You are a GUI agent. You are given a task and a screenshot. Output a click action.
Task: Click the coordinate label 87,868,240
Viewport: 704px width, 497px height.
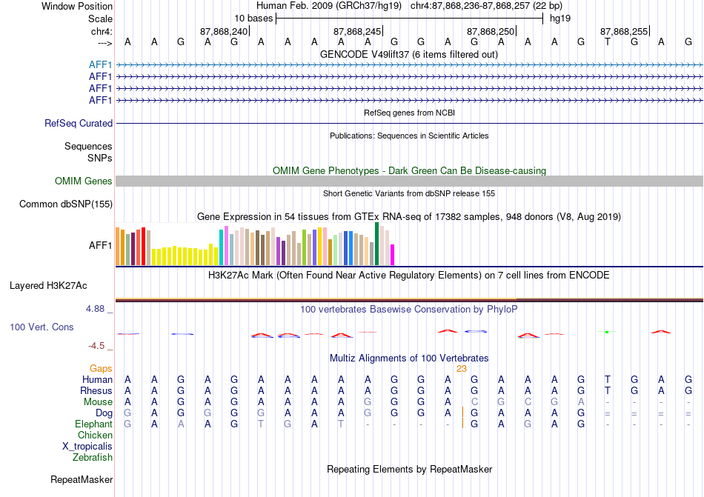click(224, 31)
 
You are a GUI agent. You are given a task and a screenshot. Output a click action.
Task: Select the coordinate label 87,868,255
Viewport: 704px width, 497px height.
click(624, 31)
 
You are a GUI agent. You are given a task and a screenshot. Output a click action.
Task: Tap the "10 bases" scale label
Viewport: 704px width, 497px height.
click(253, 19)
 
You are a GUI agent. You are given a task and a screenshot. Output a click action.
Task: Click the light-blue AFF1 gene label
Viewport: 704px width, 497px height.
click(101, 65)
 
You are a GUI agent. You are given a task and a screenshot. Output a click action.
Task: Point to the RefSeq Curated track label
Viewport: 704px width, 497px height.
click(79, 124)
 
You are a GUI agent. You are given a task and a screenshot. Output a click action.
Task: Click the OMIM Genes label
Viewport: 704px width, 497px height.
click(84, 181)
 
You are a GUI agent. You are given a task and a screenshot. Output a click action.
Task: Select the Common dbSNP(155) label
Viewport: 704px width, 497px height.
click(66, 204)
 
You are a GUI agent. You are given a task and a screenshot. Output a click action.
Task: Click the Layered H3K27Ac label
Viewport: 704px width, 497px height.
click(48, 286)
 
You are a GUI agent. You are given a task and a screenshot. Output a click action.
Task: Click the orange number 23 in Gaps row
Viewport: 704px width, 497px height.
click(462, 369)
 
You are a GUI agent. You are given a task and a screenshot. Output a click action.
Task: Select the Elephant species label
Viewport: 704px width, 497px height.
click(94, 424)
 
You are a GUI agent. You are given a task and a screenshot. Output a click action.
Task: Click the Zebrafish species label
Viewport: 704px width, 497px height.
click(93, 458)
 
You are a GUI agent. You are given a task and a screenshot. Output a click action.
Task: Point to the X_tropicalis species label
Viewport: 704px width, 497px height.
click(87, 447)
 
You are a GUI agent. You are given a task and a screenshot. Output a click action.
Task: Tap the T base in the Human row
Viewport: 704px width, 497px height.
click(608, 379)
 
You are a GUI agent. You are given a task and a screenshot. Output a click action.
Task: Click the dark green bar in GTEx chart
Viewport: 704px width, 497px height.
click(376, 244)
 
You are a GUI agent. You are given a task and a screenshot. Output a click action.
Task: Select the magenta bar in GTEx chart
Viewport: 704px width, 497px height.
click(393, 255)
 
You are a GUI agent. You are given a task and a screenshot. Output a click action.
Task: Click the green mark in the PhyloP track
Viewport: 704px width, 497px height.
click(607, 332)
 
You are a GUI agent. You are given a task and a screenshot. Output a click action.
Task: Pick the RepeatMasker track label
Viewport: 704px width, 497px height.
click(82, 479)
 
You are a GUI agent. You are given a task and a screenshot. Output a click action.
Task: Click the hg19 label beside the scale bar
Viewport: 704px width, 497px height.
click(560, 19)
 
